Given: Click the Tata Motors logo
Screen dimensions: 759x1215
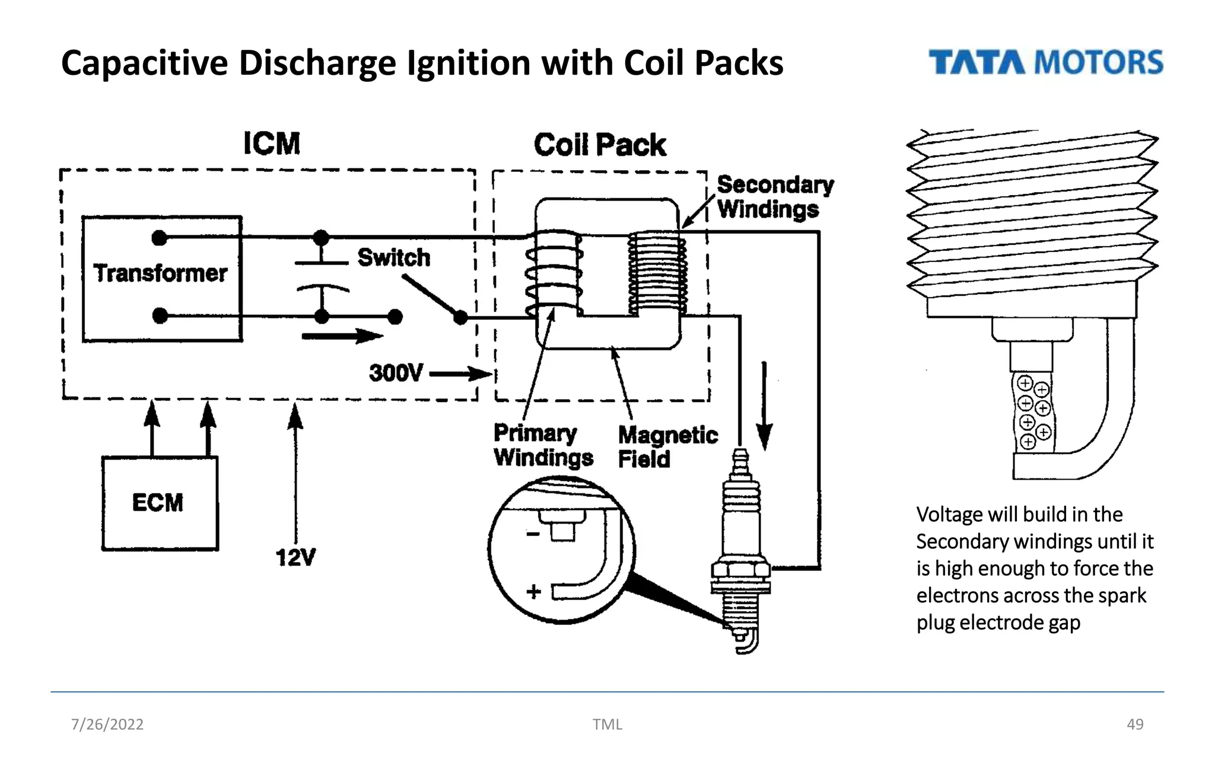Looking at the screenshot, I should tap(1045, 62).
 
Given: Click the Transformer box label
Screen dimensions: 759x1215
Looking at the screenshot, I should tap(160, 273).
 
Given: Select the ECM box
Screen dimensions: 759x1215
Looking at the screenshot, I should tap(160, 503).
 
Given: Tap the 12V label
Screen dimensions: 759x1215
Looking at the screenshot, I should tap(295, 557).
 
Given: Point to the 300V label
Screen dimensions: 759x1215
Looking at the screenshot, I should tap(396, 373).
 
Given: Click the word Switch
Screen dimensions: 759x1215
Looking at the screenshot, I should tap(393, 257).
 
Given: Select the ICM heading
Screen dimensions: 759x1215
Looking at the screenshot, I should tap(272, 143).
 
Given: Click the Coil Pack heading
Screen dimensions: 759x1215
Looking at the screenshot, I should tap(600, 145).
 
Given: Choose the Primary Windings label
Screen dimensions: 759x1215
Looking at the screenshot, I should tap(542, 445).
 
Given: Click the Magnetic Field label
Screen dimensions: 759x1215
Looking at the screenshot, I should tap(667, 447).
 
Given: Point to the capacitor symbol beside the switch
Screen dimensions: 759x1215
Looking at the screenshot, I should tap(322, 276).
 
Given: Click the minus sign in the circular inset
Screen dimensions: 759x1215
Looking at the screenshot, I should tap(533, 534).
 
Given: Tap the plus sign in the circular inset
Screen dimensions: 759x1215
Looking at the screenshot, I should tap(533, 591).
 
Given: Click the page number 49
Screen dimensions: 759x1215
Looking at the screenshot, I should tap(1134, 724).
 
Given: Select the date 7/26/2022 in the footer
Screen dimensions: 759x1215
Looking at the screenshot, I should tap(107, 724).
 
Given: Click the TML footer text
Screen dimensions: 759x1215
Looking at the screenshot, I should tap(607, 724).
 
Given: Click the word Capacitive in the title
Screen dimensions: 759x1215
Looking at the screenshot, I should tap(144, 63).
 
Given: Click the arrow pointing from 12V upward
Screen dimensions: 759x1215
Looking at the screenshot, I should tap(295, 468).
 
